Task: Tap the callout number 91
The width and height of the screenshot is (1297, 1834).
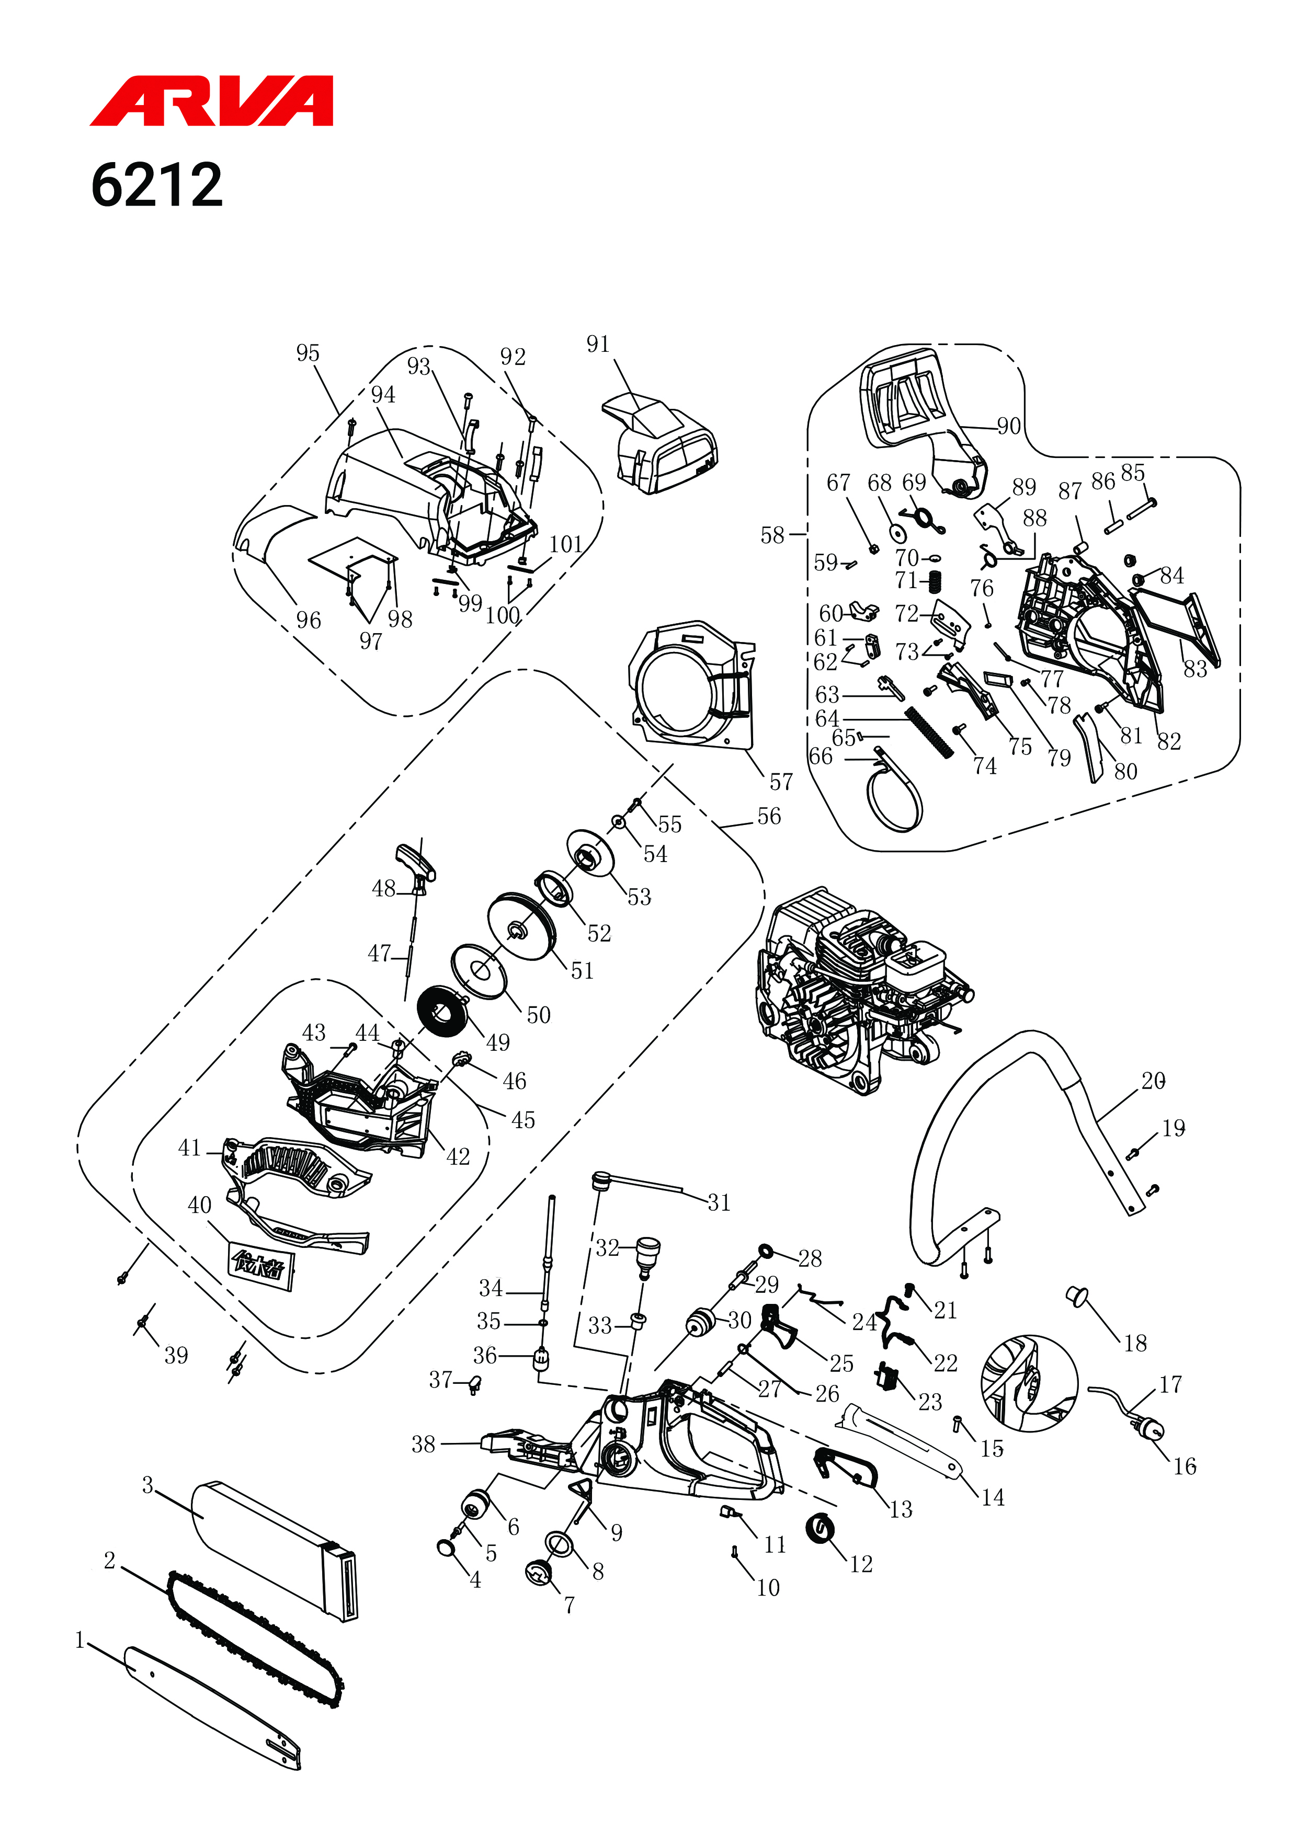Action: pos(598,345)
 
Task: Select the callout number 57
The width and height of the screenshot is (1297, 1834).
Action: pos(781,782)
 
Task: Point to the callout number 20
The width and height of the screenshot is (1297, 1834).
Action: pos(1153,1081)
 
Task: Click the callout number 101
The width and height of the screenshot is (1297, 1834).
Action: pos(566,545)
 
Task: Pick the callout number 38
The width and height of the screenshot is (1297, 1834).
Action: pos(424,1444)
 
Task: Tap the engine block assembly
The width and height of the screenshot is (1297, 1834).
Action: pos(863,991)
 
